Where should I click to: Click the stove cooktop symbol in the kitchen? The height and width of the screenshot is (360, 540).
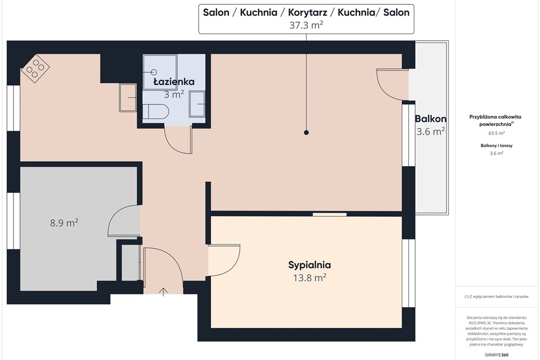[36, 68]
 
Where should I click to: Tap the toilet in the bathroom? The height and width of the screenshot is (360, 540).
[156, 112]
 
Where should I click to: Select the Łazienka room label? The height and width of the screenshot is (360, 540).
[174, 81]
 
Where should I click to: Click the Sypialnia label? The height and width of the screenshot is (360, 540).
[309, 265]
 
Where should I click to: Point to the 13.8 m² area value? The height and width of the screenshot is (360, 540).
[309, 277]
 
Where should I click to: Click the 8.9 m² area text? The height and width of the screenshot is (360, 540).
[64, 223]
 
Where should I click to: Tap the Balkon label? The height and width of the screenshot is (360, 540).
[430, 119]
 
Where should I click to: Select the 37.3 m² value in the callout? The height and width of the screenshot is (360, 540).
[306, 25]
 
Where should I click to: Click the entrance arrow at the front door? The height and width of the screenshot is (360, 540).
[163, 292]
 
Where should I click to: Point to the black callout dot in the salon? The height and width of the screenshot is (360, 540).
[306, 133]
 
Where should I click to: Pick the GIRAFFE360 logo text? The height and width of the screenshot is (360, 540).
[497, 355]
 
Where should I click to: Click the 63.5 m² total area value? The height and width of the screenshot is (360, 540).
[497, 133]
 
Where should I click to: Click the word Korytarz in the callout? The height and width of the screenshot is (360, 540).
[307, 12]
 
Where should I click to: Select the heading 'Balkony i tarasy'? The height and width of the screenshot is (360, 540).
[497, 146]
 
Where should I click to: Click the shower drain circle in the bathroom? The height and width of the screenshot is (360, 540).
[154, 72]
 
